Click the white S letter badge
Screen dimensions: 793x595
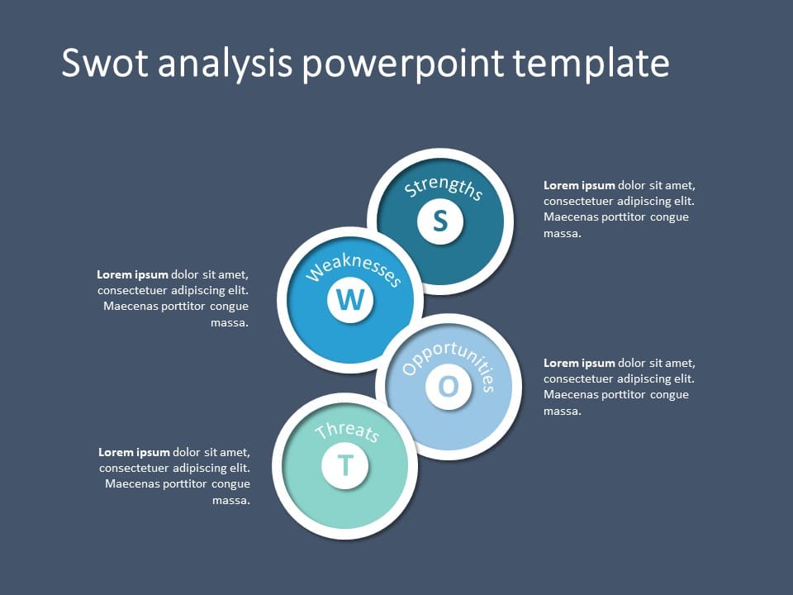(x=440, y=221)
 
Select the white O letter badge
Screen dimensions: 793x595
(x=448, y=387)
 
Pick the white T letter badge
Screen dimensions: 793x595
(x=345, y=465)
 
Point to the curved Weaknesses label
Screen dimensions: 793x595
(x=354, y=269)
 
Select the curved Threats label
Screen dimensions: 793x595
(x=347, y=431)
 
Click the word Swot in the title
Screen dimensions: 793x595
(x=105, y=63)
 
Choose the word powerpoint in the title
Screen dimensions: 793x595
(x=403, y=64)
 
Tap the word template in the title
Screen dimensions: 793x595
(x=591, y=64)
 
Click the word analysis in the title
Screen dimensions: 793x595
(x=225, y=64)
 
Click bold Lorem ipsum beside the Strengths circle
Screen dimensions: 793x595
(x=579, y=186)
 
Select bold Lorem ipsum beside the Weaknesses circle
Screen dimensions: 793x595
(x=132, y=274)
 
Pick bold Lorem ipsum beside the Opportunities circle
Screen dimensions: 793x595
(x=579, y=364)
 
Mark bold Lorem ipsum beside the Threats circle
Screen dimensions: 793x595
(x=134, y=452)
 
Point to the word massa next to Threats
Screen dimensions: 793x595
(x=231, y=501)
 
